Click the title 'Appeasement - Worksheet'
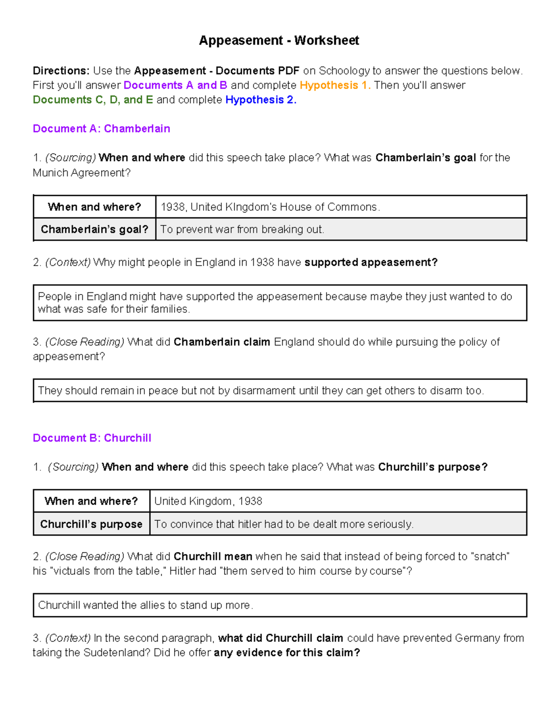279,41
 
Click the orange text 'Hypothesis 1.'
335,85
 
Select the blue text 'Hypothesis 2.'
260,100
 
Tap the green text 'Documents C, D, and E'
93,100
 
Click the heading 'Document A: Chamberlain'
101,129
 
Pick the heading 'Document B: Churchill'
92,438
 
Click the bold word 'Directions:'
61,71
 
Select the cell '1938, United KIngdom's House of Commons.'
270,207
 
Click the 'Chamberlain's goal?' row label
95,229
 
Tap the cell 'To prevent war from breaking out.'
242,229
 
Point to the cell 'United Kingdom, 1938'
208,501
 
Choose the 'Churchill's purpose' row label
91,524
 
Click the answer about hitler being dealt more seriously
284,524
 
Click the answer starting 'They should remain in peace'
261,391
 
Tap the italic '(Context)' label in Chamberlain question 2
68,262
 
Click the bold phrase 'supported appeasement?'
371,262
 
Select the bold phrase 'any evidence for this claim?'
286,653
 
